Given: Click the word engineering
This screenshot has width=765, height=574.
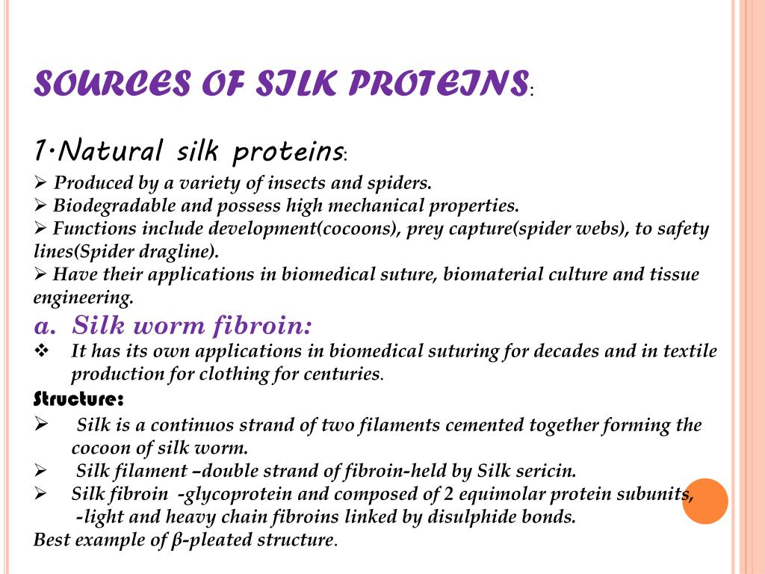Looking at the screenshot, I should (82, 297).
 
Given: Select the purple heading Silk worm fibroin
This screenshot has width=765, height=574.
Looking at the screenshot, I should (192, 326).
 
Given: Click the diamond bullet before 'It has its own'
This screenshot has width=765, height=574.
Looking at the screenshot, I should (42, 351).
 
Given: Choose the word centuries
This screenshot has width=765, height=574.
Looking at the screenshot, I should (343, 374).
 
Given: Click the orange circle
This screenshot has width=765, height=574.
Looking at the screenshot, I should (704, 501).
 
